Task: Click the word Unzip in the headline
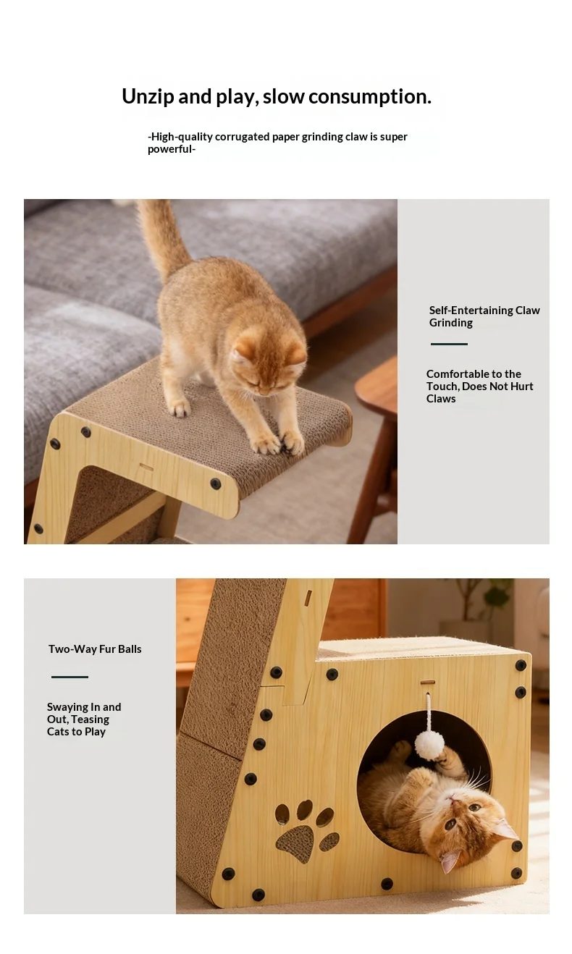pyautogui.click(x=148, y=97)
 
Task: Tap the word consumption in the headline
pyautogui.click(x=370, y=97)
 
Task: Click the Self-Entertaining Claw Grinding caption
pyautogui.click(x=484, y=316)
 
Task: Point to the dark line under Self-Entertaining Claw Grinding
pyautogui.click(x=449, y=344)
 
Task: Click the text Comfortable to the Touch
pyautogui.click(x=479, y=380)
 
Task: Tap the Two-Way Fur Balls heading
pyautogui.click(x=95, y=649)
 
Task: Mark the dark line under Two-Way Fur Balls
pyautogui.click(x=70, y=677)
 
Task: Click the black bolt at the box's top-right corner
pyautogui.click(x=521, y=665)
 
